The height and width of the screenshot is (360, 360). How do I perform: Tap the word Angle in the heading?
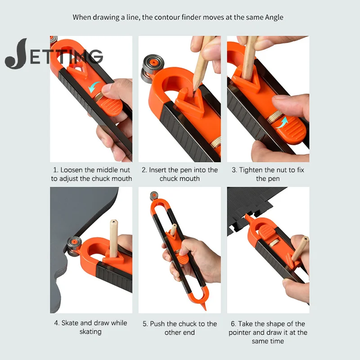274,18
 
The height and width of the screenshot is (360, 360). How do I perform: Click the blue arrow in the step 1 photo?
94,87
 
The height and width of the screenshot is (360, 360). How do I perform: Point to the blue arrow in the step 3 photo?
282,122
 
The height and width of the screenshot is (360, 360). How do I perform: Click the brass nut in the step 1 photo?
99,97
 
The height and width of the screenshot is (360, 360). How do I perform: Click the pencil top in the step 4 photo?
114,222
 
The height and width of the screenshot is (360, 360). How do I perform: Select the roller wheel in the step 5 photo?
154,196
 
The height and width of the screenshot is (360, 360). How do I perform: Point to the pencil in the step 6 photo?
300,249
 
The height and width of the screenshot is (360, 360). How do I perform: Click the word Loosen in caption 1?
71,170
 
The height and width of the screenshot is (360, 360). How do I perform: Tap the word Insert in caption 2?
157,170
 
